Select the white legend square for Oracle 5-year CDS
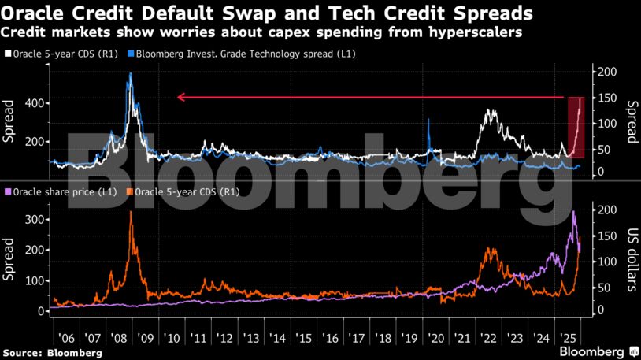pyautogui.click(x=7, y=54)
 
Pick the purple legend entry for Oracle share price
pyautogui.click(x=63, y=191)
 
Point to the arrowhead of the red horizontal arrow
pyautogui.click(x=180, y=98)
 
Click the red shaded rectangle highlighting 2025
pyautogui.click(x=576, y=126)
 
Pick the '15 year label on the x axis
pyautogui.click(x=303, y=336)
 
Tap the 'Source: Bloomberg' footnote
pyautogui.click(x=52, y=353)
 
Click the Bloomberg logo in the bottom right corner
pyautogui.click(x=598, y=351)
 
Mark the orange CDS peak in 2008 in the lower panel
pyautogui.click(x=131, y=213)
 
